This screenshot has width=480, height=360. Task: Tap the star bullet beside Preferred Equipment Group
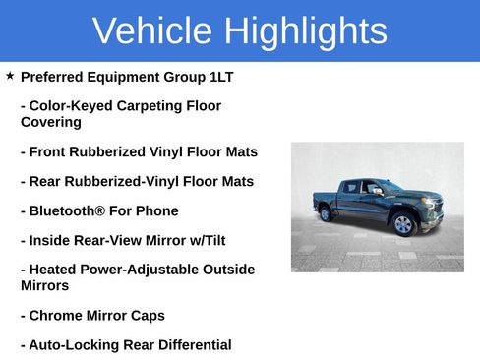(9, 76)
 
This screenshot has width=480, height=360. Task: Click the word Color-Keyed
(69, 106)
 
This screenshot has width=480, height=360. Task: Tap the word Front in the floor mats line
(49, 152)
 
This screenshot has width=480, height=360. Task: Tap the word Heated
(52, 270)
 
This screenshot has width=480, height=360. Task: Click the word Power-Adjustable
(136, 270)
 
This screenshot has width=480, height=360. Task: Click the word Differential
(195, 345)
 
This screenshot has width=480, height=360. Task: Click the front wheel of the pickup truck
(403, 224)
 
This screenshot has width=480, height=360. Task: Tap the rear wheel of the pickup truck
(326, 213)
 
